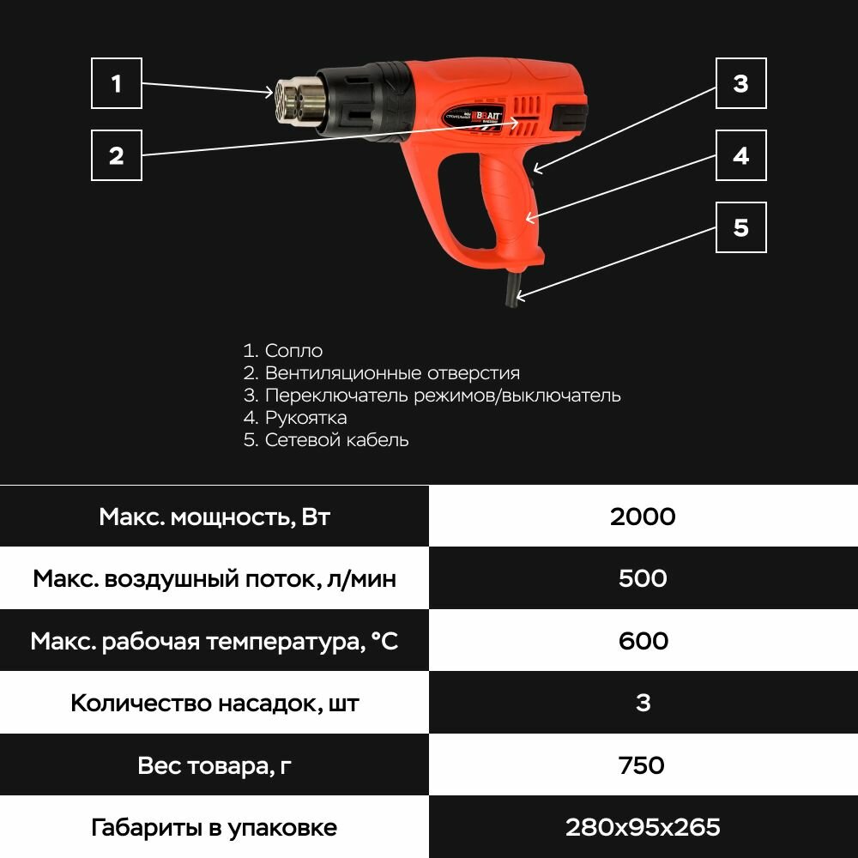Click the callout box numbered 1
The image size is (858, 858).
[x=117, y=84]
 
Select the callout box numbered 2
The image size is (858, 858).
[x=117, y=155]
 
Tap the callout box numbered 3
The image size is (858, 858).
[x=740, y=84]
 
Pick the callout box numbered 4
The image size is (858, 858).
[x=740, y=155]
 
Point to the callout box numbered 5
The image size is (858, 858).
[x=740, y=227]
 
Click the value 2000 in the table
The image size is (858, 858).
[x=643, y=517]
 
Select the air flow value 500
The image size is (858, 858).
[x=643, y=578]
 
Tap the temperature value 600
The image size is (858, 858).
[x=643, y=641]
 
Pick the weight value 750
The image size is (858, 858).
[x=643, y=764]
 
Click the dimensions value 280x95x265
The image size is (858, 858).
[x=643, y=827]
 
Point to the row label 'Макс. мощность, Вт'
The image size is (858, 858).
[x=214, y=517]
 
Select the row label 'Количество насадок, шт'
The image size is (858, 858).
[x=214, y=704]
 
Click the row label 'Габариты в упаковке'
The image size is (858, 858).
[x=214, y=827]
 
